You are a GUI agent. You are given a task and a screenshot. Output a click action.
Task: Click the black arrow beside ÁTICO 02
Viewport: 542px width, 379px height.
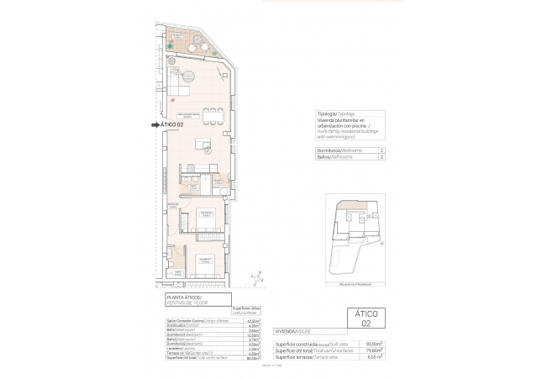(x=154, y=125)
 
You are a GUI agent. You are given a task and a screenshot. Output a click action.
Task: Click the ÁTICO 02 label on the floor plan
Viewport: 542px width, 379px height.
(x=171, y=125)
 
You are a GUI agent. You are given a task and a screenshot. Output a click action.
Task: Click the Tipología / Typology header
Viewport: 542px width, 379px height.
(x=334, y=113)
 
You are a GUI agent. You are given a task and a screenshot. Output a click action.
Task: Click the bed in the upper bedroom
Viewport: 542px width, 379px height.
(x=205, y=218)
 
